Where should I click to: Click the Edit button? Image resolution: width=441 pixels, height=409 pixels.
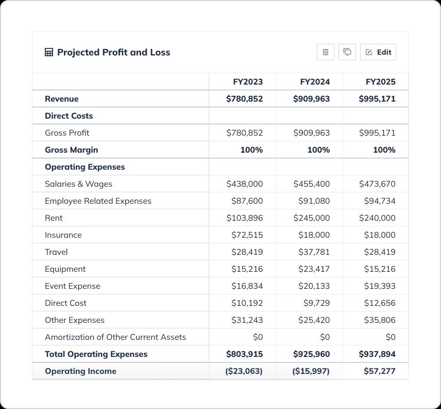click(x=378, y=52)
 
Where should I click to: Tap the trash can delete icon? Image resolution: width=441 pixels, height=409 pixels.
click(x=326, y=52)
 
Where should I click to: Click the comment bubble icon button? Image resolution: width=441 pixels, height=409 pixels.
click(x=347, y=52)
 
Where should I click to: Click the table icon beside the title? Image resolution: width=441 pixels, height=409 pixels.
click(x=49, y=52)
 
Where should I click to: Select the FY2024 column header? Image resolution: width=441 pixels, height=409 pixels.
click(x=315, y=81)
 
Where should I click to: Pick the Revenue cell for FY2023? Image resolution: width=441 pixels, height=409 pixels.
click(x=244, y=99)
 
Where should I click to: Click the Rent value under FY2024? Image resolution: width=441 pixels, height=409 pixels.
click(x=311, y=218)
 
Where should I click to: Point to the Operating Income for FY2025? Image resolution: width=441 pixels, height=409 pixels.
click(x=379, y=371)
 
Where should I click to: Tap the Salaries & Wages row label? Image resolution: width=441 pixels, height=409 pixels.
click(x=78, y=184)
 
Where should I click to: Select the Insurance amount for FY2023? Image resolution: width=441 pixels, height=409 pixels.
click(x=247, y=235)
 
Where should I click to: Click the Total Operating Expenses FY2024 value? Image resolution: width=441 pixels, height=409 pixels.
click(x=311, y=354)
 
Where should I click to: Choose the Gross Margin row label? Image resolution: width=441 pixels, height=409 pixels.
click(x=71, y=150)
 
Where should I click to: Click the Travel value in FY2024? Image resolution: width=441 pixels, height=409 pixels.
click(x=314, y=252)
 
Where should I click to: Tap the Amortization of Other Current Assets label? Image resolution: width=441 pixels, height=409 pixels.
click(x=115, y=337)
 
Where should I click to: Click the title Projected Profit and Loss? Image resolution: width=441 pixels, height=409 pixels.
click(x=113, y=52)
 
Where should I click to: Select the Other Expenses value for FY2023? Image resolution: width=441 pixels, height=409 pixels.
click(x=247, y=320)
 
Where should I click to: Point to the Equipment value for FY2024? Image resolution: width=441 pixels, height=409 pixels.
click(x=314, y=269)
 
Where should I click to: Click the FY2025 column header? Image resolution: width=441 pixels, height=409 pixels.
click(x=380, y=81)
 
